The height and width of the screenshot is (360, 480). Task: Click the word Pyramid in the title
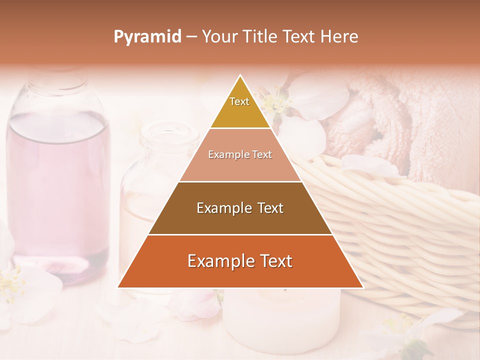point(147,37)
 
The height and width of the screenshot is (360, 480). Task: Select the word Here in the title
point(339,37)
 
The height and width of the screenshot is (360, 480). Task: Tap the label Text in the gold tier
point(239,101)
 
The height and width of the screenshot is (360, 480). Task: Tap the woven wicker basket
point(400,225)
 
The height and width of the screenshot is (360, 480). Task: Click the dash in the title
point(191,37)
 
